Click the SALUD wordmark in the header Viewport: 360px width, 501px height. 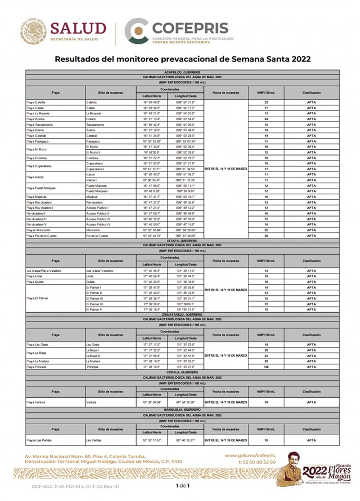coord(78,28)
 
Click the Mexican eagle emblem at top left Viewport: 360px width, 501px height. coord(34,31)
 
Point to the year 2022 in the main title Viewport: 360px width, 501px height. coord(295,59)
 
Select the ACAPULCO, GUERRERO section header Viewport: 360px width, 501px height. coord(183,72)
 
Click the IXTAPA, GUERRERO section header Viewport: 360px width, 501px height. coord(183,240)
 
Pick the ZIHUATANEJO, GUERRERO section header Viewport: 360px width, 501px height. coord(183,315)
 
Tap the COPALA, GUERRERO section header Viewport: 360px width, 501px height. coord(183,373)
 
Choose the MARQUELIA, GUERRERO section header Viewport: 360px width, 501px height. coord(183,410)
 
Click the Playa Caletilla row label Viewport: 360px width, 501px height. coord(37,102)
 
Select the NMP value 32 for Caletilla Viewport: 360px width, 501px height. coord(266,102)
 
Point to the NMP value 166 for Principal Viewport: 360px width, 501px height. coord(266,367)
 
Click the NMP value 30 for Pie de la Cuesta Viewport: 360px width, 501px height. coord(266,236)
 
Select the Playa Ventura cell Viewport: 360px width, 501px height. coord(37,402)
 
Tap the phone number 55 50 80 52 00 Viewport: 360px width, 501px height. coord(257,462)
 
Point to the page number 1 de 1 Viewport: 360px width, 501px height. coord(183,486)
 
